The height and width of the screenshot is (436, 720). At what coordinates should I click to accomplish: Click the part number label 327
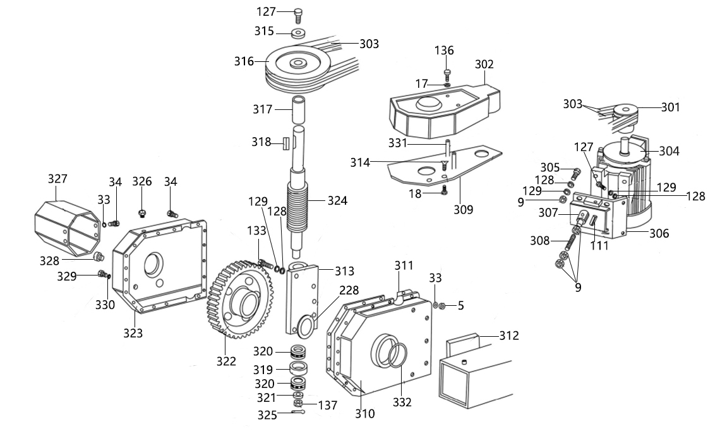point(58,179)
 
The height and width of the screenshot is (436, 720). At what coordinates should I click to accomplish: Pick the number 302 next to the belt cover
point(484,64)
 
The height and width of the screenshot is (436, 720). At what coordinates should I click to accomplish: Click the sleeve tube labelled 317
point(299,109)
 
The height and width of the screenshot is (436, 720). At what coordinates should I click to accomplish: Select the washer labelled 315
point(299,33)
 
